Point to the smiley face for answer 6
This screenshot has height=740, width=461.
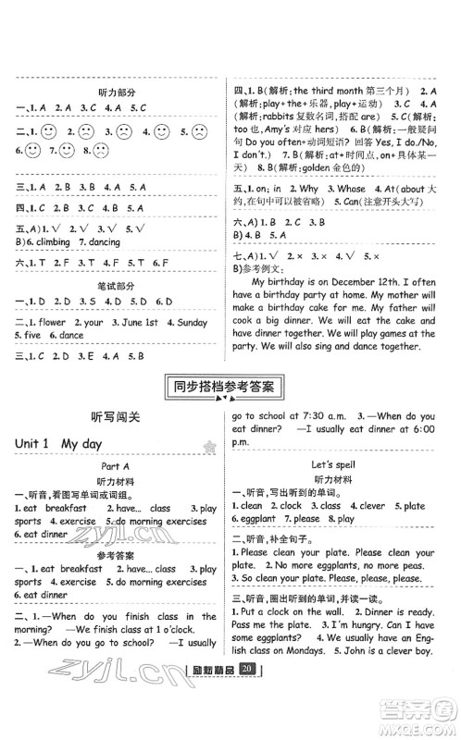coord(32,150)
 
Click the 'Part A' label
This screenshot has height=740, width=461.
coord(117,467)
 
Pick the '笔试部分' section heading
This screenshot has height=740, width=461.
coord(117,284)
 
